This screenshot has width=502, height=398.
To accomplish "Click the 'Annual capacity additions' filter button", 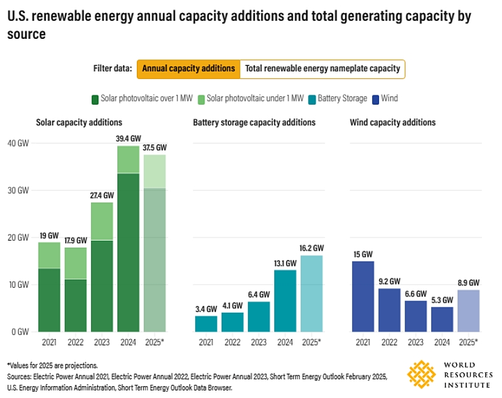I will point(188,68).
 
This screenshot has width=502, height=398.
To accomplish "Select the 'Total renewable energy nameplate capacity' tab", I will point(323,68).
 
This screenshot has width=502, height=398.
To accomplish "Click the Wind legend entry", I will point(385,98).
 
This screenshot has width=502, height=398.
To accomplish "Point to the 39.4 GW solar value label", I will point(128,139).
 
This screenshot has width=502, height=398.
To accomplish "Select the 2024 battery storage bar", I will point(285,300).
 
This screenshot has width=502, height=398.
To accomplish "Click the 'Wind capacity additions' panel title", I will point(392,123).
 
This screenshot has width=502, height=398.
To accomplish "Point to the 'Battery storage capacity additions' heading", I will point(254,123).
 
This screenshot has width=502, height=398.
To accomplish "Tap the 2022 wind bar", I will point(389,310).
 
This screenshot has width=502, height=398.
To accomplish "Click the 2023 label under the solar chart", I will point(102,342).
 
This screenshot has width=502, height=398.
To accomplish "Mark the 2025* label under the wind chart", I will point(468,342).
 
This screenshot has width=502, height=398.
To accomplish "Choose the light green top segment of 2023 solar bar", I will point(102,221).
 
